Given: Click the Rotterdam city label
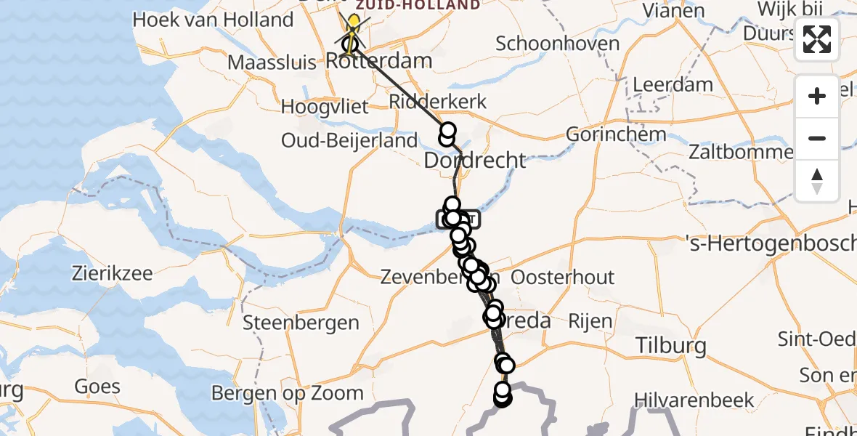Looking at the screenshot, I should [380, 60].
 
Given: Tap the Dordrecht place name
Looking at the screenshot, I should [474, 160].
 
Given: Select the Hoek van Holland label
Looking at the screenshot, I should [213, 20].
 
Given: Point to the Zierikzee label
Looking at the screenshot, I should [112, 274].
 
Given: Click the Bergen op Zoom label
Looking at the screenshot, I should [288, 393].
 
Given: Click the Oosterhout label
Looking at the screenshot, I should [563, 278].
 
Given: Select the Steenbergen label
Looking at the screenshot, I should [301, 323].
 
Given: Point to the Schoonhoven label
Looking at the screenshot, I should [557, 44].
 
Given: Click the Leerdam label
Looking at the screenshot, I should [673, 84].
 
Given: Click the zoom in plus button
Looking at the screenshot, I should [817, 96].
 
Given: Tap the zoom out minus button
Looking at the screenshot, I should [817, 138].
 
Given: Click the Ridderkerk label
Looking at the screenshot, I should [437, 101].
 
